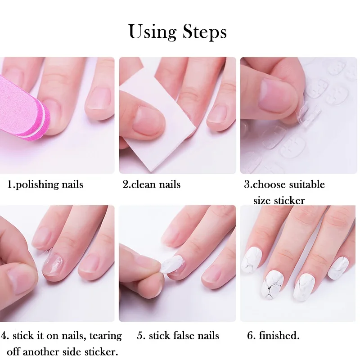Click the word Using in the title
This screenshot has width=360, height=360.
tap(153, 32)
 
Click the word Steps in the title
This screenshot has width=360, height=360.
tap(205, 32)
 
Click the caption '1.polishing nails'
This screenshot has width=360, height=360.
tap(45, 184)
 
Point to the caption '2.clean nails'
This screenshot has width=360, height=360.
tap(152, 184)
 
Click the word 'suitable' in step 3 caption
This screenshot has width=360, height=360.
tap(306, 184)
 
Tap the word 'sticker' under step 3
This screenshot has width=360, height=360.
tap(288, 200)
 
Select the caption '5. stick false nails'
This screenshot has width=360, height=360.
tap(178, 336)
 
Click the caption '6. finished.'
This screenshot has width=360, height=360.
tap(273, 336)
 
